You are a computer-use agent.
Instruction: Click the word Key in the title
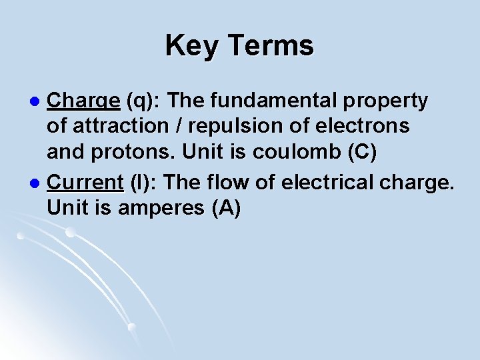[192, 46]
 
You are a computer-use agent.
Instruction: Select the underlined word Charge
[84, 101]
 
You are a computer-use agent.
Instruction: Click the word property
[388, 101]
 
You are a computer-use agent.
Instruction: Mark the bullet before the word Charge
[37, 102]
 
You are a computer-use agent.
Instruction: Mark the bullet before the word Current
[37, 182]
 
